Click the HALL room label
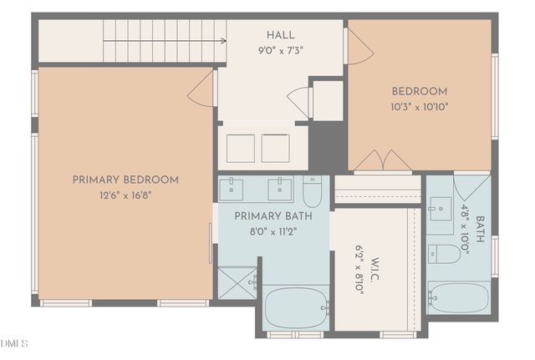point(281,35)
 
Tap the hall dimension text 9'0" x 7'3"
point(281,51)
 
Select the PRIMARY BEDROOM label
point(125,180)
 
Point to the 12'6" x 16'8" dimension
point(125,195)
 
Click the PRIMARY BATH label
point(273,216)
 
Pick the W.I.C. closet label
point(374,269)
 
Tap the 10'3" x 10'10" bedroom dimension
point(420,107)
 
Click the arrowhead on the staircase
point(223,41)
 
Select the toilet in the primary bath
point(312,191)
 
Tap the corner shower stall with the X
point(237,283)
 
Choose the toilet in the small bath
point(444,254)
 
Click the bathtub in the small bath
point(459,298)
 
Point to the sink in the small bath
point(441,209)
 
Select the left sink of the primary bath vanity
point(231,190)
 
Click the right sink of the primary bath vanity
point(279,190)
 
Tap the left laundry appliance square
point(241,149)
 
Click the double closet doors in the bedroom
point(383,161)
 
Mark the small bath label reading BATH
point(479,229)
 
